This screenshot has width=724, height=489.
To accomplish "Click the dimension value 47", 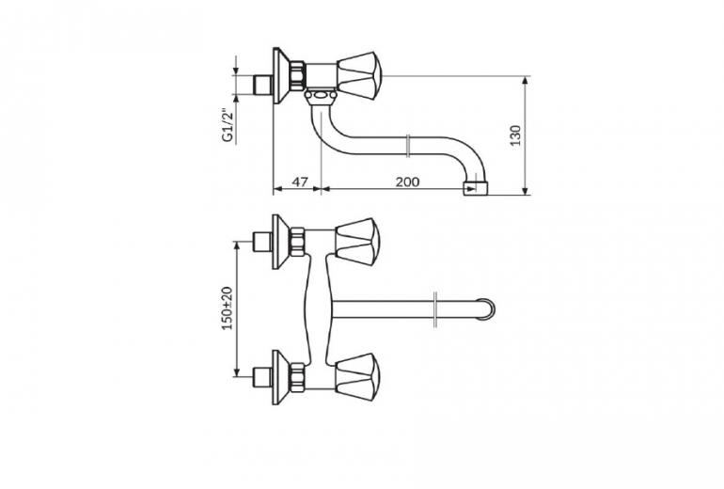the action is point(300,181).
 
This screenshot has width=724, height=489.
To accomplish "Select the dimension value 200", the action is point(407,181).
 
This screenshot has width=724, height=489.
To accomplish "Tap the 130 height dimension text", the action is point(516,135).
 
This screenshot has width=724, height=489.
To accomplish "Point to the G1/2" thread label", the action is point(227,125).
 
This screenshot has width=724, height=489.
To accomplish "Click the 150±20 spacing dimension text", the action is point(228,308).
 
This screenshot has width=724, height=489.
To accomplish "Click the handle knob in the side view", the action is point(358,76).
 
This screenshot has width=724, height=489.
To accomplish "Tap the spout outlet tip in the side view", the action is point(476,188).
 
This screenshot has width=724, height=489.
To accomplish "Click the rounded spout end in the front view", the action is point(487,308).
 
